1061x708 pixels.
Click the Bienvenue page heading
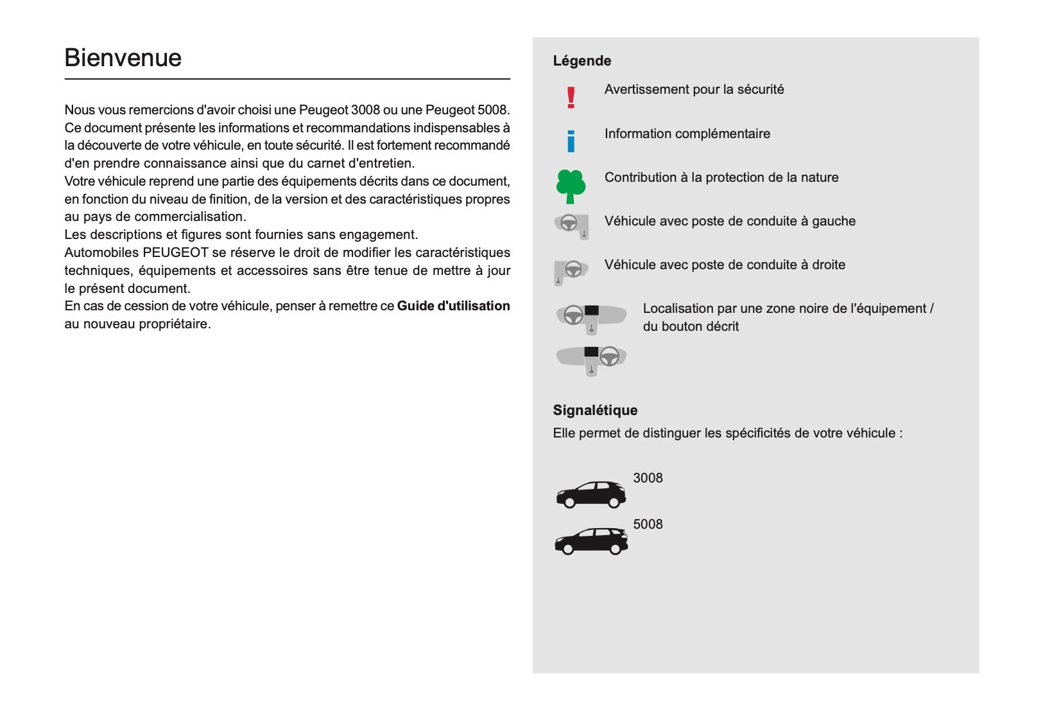[123, 58]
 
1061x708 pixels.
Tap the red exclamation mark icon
[571, 98]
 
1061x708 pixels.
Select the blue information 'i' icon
[571, 141]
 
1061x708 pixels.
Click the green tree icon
[570, 186]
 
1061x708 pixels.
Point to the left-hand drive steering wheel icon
[571, 226]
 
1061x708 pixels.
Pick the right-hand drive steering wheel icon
[571, 270]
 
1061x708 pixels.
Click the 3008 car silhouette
[591, 494]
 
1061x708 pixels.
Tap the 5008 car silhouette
[591, 541]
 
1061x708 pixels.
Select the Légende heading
[582, 61]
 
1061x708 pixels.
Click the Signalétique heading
[595, 411]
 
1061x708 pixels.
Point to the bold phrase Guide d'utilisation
[453, 306]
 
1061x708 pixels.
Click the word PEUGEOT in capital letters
[175, 252]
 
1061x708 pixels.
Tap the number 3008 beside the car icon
[648, 478]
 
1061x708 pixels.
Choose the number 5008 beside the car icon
[648, 524]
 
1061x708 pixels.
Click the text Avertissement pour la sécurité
[694, 89]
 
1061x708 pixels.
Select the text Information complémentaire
[687, 134]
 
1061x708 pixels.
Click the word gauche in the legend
[833, 222]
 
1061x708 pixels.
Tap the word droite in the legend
[828, 265]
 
